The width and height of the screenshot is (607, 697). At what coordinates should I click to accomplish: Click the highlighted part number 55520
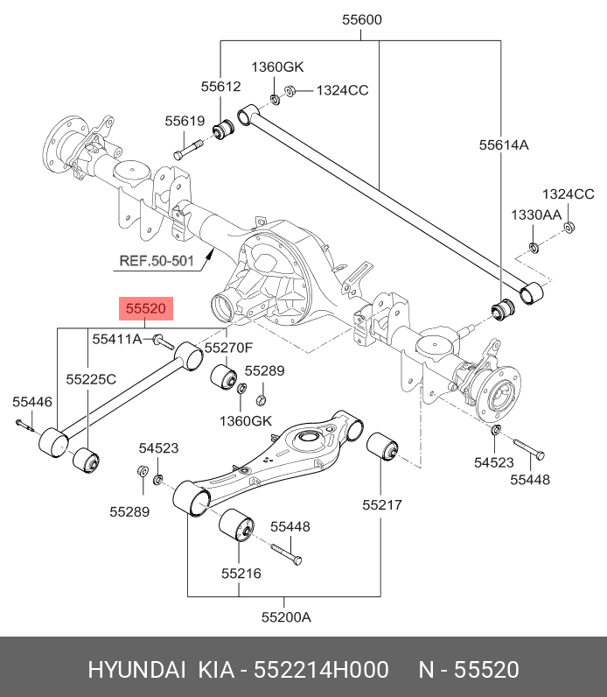pyautogui.click(x=146, y=308)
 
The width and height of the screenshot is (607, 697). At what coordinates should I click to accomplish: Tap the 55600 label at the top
pyautogui.click(x=362, y=19)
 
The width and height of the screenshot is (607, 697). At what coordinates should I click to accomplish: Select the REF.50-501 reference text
pyautogui.click(x=157, y=260)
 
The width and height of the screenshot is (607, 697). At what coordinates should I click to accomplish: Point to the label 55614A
pyautogui.click(x=504, y=144)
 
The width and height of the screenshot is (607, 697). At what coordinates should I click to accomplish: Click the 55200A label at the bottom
pyautogui.click(x=286, y=617)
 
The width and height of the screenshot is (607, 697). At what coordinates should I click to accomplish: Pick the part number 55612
pyautogui.click(x=220, y=86)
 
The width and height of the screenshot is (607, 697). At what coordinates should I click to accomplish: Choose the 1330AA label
pyautogui.click(x=536, y=215)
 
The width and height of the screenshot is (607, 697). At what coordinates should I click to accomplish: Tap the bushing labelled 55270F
pyautogui.click(x=223, y=377)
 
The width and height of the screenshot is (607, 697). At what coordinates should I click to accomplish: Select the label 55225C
pyautogui.click(x=91, y=379)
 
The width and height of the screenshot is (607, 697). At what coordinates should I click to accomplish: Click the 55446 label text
pyautogui.click(x=32, y=402)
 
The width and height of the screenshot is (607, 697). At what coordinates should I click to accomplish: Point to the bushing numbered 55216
pyautogui.click(x=237, y=525)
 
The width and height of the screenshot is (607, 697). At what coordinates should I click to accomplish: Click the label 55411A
pyautogui.click(x=117, y=339)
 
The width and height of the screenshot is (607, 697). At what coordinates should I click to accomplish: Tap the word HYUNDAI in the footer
pyautogui.click(x=136, y=670)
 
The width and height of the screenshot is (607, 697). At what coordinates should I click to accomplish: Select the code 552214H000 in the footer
pyautogui.click(x=321, y=670)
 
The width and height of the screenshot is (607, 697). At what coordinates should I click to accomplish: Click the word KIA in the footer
pyautogui.click(x=216, y=670)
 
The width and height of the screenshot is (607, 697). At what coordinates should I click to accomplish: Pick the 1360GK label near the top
pyautogui.click(x=277, y=67)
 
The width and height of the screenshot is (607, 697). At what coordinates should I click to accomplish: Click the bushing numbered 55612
pyautogui.click(x=225, y=130)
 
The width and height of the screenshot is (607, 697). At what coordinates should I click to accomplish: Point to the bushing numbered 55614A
pyautogui.click(x=504, y=311)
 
